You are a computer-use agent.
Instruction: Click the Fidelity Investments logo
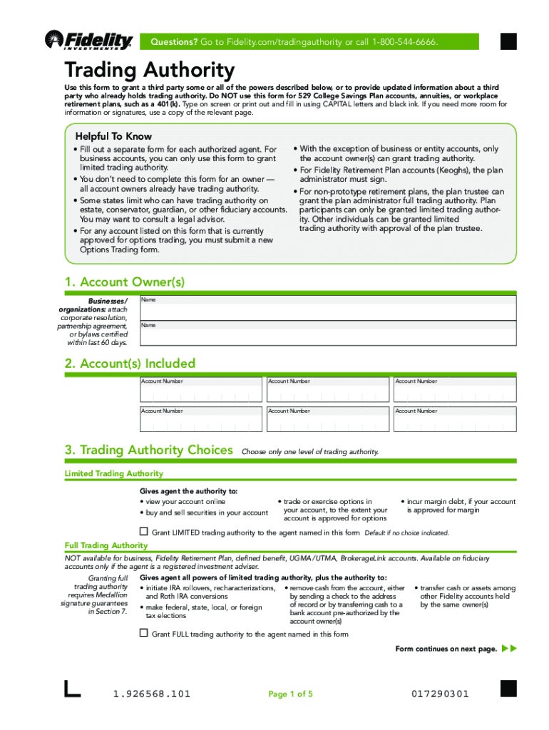pos(88,41)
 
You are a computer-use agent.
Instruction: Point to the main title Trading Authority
pos(149,71)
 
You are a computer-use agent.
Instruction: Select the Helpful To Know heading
pos(113,136)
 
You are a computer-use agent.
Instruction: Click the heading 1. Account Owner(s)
pos(125,282)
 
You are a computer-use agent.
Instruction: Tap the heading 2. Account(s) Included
pos(130,364)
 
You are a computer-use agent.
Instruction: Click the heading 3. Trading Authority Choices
pos(148,451)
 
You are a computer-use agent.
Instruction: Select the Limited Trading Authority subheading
pos(114,473)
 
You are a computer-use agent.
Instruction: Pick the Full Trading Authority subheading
pos(106,546)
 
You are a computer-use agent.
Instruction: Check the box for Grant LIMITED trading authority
pos(143,532)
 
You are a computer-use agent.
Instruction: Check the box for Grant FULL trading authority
pos(143,633)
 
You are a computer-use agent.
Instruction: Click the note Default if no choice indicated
pos(406,533)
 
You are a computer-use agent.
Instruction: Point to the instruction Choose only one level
pos(310,452)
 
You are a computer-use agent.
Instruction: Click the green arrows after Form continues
pos(509,649)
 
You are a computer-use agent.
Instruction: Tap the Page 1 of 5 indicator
pos(290,694)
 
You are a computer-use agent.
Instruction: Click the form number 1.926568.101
pos(152,694)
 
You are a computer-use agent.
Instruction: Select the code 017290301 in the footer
pos(440,694)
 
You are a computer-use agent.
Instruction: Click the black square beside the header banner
pos(508,42)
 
